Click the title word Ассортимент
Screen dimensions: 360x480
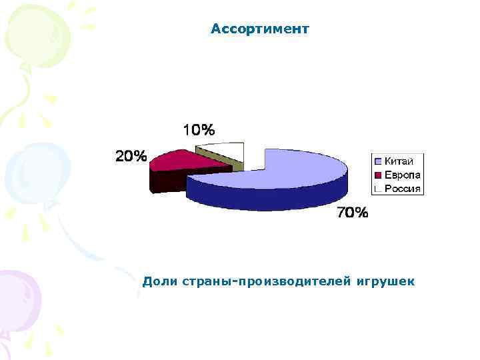tap(259, 29)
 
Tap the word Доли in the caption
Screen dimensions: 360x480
tap(159, 282)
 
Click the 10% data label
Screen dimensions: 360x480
tap(199, 129)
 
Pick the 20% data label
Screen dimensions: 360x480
tap(131, 157)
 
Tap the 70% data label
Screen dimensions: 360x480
tap(351, 213)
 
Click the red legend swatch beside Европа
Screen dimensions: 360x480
tap(378, 175)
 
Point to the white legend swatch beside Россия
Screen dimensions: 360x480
tap(378, 188)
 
